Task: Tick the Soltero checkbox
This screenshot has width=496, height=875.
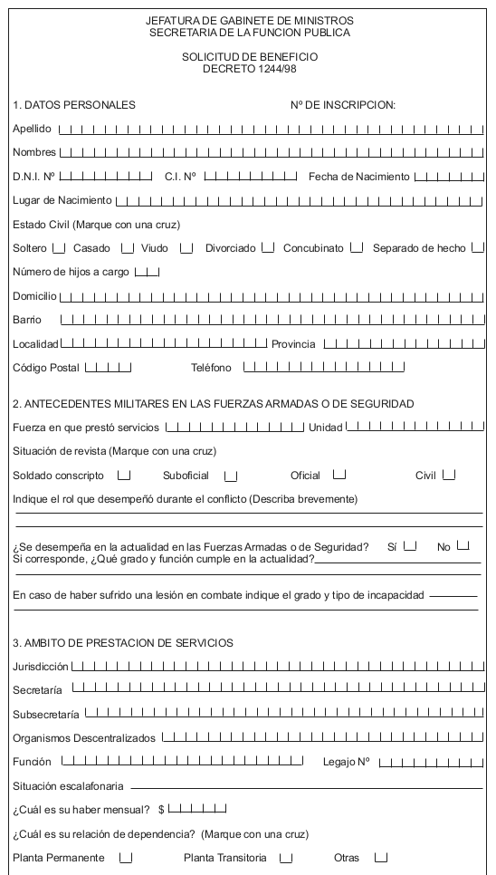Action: pyautogui.click(x=59, y=247)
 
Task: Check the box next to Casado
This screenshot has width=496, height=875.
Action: pyautogui.click(x=128, y=247)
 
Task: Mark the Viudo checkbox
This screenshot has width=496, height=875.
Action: pyautogui.click(x=186, y=247)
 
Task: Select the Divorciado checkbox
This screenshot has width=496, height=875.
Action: pyautogui.click(x=268, y=247)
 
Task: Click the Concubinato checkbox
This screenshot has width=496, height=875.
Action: pyautogui.click(x=357, y=247)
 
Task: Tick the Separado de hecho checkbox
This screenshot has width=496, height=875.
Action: pyautogui.click(x=478, y=247)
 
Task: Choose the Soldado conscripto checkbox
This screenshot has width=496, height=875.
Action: pyautogui.click(x=124, y=475)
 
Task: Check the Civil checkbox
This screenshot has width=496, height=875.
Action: pyautogui.click(x=449, y=475)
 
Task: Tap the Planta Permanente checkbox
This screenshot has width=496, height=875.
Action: pyautogui.click(x=127, y=858)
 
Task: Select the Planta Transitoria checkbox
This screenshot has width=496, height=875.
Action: pyautogui.click(x=286, y=858)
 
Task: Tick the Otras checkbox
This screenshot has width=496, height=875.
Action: pyautogui.click(x=381, y=858)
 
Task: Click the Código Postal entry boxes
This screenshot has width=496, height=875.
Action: pyautogui.click(x=108, y=367)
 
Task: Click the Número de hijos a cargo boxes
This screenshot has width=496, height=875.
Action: pyautogui.click(x=147, y=272)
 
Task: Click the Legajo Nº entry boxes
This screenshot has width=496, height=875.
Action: pyautogui.click(x=431, y=762)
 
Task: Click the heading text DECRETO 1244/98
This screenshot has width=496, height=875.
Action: pyautogui.click(x=248, y=68)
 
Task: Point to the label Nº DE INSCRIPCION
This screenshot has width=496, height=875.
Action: pyautogui.click(x=343, y=105)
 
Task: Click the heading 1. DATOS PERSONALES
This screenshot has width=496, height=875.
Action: pyautogui.click(x=74, y=105)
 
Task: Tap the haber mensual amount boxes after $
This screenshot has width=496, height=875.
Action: pyautogui.click(x=197, y=809)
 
